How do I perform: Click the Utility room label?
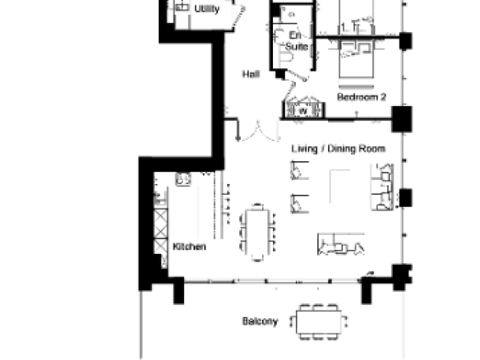[207, 8]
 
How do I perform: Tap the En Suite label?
[296, 41]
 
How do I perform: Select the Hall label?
[251, 74]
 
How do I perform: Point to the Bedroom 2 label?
[361, 97]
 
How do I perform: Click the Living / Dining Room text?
[339, 149]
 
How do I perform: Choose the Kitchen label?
[189, 247]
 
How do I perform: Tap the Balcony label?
[260, 321]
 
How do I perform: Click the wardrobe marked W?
[303, 109]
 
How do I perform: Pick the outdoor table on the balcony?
[319, 322]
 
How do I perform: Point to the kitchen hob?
[183, 179]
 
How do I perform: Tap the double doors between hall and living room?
[259, 131]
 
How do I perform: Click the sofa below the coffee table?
[341, 244]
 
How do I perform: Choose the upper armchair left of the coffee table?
[299, 170]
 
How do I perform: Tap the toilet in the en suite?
[285, 58]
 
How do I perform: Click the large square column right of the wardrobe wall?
[402, 119]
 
